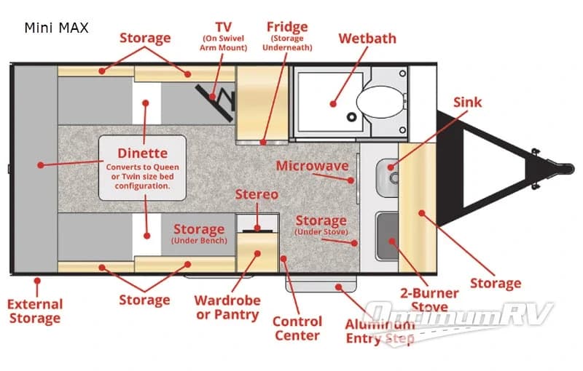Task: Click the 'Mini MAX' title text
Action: click(x=57, y=28)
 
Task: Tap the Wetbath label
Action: click(x=367, y=39)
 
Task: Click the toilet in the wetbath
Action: click(x=380, y=101)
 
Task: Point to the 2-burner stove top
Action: click(x=387, y=236)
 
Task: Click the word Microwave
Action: click(x=313, y=166)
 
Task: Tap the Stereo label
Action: click(x=257, y=194)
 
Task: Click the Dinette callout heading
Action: click(x=142, y=153)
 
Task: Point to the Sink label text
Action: click(x=467, y=102)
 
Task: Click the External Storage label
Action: click(x=35, y=311)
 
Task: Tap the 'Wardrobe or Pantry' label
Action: click(x=227, y=308)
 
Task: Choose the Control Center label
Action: click(x=297, y=328)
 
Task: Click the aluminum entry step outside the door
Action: click(x=321, y=284)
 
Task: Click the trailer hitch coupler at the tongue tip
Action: click(x=563, y=168)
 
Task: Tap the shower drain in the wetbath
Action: click(x=351, y=117)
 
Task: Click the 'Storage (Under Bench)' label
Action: click(x=199, y=234)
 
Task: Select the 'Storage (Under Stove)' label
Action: click(x=321, y=225)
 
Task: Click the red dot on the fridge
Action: click(x=263, y=142)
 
